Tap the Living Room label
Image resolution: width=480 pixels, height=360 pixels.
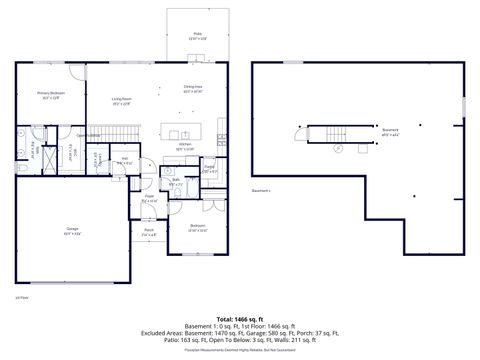click(123, 99)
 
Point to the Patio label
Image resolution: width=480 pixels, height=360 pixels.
click(197, 35)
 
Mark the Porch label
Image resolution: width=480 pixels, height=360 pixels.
click(148, 232)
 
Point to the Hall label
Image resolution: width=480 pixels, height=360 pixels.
click(124, 160)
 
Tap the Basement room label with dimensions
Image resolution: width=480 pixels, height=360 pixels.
click(391, 131)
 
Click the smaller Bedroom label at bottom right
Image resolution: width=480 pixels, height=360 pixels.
click(197, 228)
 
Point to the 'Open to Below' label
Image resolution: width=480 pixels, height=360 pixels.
click(88, 135)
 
